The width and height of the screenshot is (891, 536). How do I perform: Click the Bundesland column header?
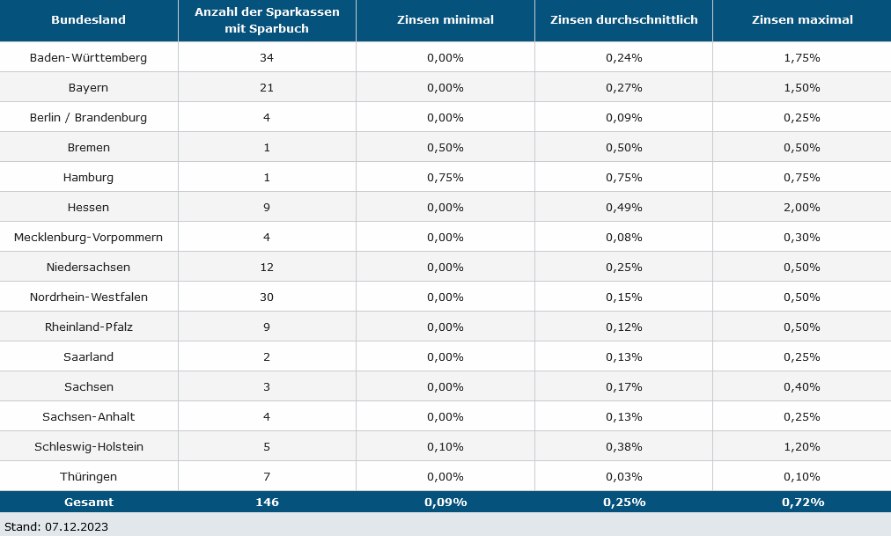click(89, 20)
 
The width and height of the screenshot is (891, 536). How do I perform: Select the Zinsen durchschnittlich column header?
click(624, 20)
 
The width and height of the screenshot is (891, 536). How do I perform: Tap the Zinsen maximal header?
click(802, 20)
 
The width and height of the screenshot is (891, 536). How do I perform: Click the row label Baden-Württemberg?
click(89, 58)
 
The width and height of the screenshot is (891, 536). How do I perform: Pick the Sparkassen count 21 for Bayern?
click(267, 88)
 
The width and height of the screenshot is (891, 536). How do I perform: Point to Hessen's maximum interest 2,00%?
click(802, 208)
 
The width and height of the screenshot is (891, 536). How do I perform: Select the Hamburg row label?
click(89, 178)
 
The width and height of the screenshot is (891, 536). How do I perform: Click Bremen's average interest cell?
click(624, 148)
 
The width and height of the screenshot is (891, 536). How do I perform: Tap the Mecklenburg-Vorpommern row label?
click(89, 238)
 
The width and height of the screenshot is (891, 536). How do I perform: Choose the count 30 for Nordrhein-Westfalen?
click(267, 297)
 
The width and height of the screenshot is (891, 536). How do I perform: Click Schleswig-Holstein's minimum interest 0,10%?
click(445, 447)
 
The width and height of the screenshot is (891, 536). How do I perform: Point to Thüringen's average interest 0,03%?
click(624, 477)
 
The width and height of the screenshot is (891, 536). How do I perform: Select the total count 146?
click(267, 502)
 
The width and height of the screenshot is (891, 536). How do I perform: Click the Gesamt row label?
click(89, 502)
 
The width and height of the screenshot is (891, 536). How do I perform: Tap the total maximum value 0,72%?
click(803, 502)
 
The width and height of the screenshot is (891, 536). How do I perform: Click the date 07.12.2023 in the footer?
click(77, 527)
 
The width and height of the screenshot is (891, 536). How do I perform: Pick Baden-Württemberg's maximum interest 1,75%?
click(802, 58)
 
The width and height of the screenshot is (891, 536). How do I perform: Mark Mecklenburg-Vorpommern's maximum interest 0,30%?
click(802, 238)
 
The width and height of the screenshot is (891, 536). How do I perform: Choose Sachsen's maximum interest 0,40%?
click(802, 387)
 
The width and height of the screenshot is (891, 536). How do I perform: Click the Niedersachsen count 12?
click(267, 268)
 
